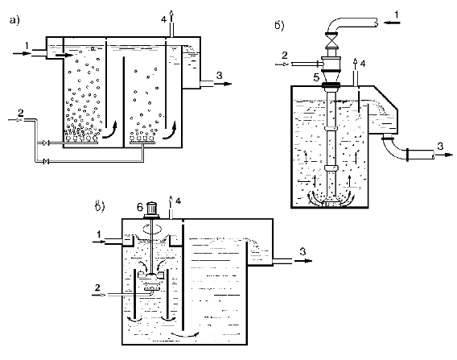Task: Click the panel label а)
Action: (14, 20)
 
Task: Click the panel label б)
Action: (279, 26)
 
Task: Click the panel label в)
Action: (100, 206)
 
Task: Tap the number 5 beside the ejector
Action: (316, 77)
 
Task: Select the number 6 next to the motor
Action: (140, 208)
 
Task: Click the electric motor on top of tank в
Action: (152, 210)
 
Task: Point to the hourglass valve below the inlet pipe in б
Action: (331, 40)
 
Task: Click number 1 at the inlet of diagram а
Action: (27, 46)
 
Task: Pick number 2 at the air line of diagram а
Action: (20, 113)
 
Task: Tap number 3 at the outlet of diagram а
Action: (219, 76)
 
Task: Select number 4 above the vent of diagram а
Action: (164, 19)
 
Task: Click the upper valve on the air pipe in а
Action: (46, 143)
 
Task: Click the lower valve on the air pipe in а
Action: (46, 161)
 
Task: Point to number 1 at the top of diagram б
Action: (397, 14)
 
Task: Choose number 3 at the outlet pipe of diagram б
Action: (440, 146)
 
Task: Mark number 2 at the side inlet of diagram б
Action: (285, 55)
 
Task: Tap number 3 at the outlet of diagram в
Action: (303, 251)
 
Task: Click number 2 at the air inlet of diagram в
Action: (97, 288)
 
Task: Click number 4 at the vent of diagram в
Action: (178, 201)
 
